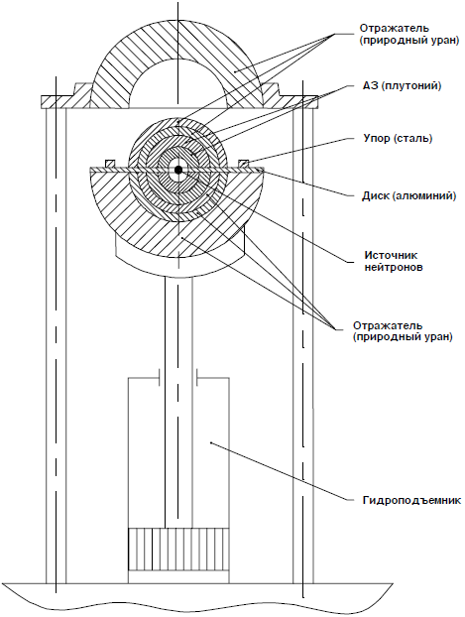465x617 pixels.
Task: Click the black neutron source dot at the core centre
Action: [x=178, y=170]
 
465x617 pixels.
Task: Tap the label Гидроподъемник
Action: [x=411, y=501]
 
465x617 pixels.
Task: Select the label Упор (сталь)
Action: [x=398, y=139]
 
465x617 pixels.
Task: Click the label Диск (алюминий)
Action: [x=408, y=196]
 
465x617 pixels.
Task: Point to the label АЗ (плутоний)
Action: [x=402, y=85]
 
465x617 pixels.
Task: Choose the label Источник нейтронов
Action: [x=394, y=261]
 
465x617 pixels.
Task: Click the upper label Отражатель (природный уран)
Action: [x=409, y=35]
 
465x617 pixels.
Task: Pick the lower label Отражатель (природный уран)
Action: [x=403, y=331]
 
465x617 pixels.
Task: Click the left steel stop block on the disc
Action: [x=110, y=164]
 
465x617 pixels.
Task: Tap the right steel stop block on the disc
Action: [x=244, y=164]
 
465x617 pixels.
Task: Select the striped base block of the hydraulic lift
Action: [x=178, y=550]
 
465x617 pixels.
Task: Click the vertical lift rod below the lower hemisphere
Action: [x=178, y=402]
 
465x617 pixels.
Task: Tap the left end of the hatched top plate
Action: [x=43, y=101]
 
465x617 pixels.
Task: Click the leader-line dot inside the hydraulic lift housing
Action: [x=211, y=442]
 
